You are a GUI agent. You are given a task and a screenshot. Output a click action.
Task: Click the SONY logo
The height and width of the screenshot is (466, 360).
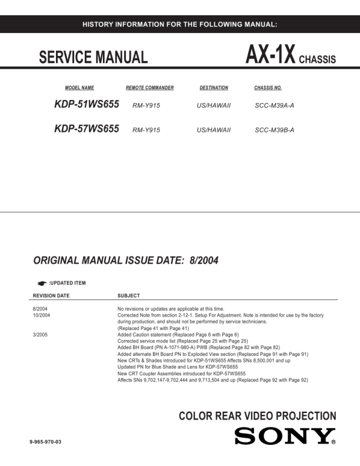285,437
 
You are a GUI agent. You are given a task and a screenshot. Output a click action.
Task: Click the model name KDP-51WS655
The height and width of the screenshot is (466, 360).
86,105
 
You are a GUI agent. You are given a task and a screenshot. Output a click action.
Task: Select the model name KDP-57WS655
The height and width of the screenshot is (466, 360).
86,129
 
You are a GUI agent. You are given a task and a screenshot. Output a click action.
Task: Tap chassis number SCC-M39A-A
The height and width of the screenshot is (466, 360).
274,106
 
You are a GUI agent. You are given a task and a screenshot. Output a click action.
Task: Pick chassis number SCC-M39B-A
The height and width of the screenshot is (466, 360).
274,130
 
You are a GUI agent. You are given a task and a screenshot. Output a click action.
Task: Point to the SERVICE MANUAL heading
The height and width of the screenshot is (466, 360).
93,57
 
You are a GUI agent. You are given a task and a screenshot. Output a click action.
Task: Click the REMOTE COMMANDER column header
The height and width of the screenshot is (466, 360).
149,88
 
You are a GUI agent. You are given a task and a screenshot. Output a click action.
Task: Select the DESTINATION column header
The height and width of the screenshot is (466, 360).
214,88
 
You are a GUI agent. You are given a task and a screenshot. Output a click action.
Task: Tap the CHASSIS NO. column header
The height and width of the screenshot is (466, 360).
268,88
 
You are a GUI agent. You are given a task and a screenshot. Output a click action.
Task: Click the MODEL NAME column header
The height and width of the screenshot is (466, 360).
79,88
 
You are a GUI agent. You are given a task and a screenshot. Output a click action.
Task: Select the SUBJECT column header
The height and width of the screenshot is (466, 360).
128,295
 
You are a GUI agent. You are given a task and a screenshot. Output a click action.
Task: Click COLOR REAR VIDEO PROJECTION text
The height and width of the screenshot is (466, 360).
257,417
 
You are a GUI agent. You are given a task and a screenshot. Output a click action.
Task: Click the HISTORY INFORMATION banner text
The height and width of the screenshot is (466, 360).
180,24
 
